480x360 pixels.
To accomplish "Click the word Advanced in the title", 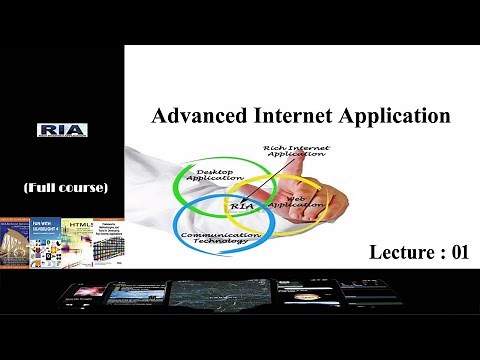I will (190, 116).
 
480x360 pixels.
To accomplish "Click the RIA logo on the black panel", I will (62, 131).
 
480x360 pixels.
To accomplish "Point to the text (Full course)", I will (65, 187).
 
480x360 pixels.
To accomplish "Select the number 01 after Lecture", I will (459, 252).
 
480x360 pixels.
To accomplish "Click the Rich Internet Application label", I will (295, 154).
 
